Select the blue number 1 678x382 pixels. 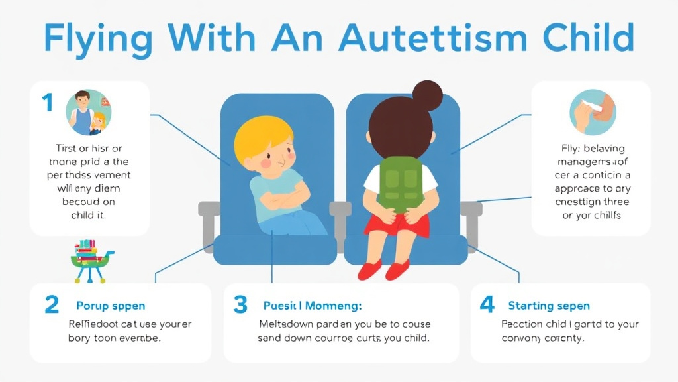point(46,103)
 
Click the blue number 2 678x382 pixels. point(52,304)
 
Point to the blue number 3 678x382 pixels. point(240,304)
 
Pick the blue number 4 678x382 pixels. point(487,304)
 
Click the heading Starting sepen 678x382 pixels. point(549,306)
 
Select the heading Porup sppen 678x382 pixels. point(111,306)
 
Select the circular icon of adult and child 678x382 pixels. point(88,113)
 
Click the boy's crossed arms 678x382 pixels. point(281,196)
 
